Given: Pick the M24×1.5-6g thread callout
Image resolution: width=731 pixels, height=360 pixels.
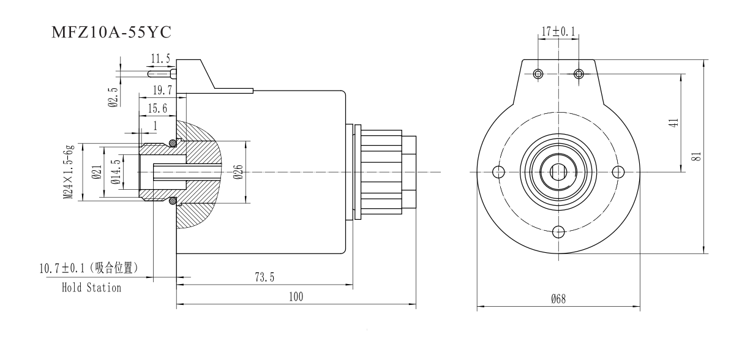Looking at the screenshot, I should [x=71, y=172].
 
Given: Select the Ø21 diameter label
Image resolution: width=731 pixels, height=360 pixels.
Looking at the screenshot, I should [x=96, y=172].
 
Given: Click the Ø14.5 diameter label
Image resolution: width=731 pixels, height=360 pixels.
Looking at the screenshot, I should [x=115, y=172].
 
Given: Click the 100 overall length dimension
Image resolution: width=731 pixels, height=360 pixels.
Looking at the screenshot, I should [x=296, y=297].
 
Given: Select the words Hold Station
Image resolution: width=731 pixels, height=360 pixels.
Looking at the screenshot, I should [x=91, y=287].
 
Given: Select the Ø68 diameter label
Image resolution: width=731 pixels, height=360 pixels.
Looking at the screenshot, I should [x=558, y=299].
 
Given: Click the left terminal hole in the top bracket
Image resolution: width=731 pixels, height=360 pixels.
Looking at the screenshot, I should [x=538, y=74].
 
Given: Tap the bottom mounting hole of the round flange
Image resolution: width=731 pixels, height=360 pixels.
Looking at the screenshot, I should [x=558, y=231].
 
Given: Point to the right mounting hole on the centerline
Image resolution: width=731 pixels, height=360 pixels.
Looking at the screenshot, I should [x=618, y=171].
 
